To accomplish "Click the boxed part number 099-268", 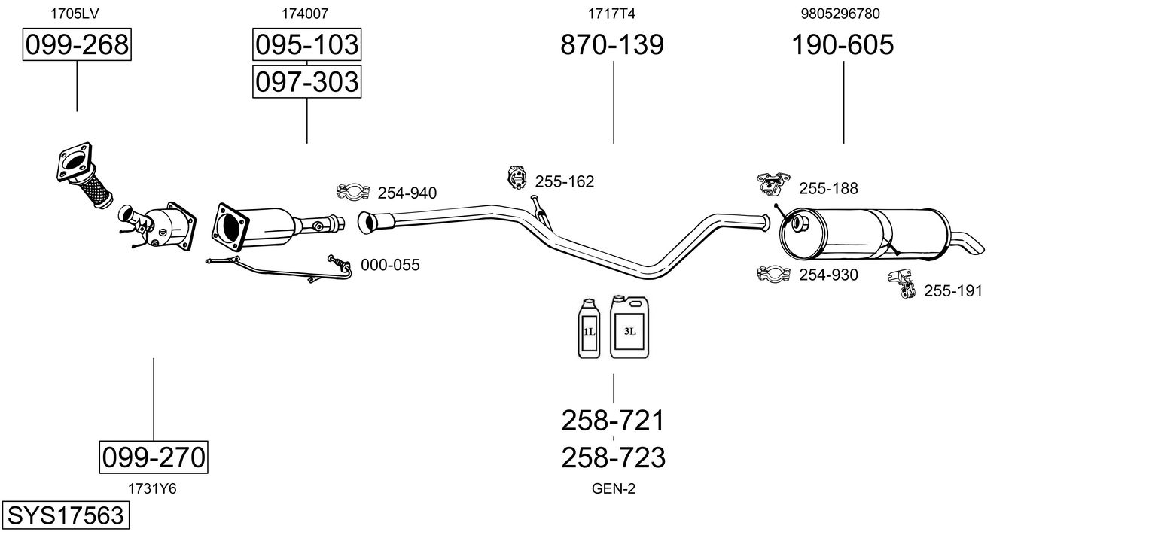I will [77, 45].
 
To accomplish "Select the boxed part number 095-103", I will [306, 45].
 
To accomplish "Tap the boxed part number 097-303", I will [306, 81].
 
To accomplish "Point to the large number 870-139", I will [612, 45].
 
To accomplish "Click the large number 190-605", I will [843, 45].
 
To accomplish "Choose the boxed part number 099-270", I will [154, 457].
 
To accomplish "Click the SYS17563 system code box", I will [65, 516].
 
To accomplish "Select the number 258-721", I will [613, 420].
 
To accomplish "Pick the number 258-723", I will [613, 457].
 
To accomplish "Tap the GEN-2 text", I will [614, 489].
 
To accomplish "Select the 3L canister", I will [629, 326].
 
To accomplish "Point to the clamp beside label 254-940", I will [351, 193].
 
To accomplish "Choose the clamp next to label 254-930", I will [773, 274].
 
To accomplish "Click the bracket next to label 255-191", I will [901, 282].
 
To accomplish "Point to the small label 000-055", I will [390, 265].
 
